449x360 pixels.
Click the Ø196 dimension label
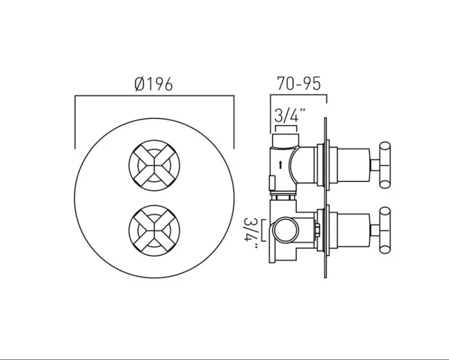pyautogui.click(x=154, y=84)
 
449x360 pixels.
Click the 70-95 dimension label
pyautogui.click(x=298, y=84)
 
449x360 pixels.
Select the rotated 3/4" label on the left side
pyautogui.click(x=252, y=231)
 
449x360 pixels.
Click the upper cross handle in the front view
pyautogui.click(x=154, y=164)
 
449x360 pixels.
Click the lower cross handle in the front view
pyautogui.click(x=154, y=229)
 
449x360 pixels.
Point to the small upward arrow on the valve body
pyautogui.click(x=281, y=164)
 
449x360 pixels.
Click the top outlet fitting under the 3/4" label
pyautogui.click(x=285, y=138)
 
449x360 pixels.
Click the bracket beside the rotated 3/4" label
pyautogui.click(x=264, y=230)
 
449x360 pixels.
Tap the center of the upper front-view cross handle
pyautogui.click(x=154, y=164)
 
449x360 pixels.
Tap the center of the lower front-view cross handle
pyautogui.click(x=154, y=229)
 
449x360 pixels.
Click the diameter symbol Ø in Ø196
pyautogui.click(x=140, y=84)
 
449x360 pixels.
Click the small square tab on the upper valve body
pyautogui.click(x=272, y=181)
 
